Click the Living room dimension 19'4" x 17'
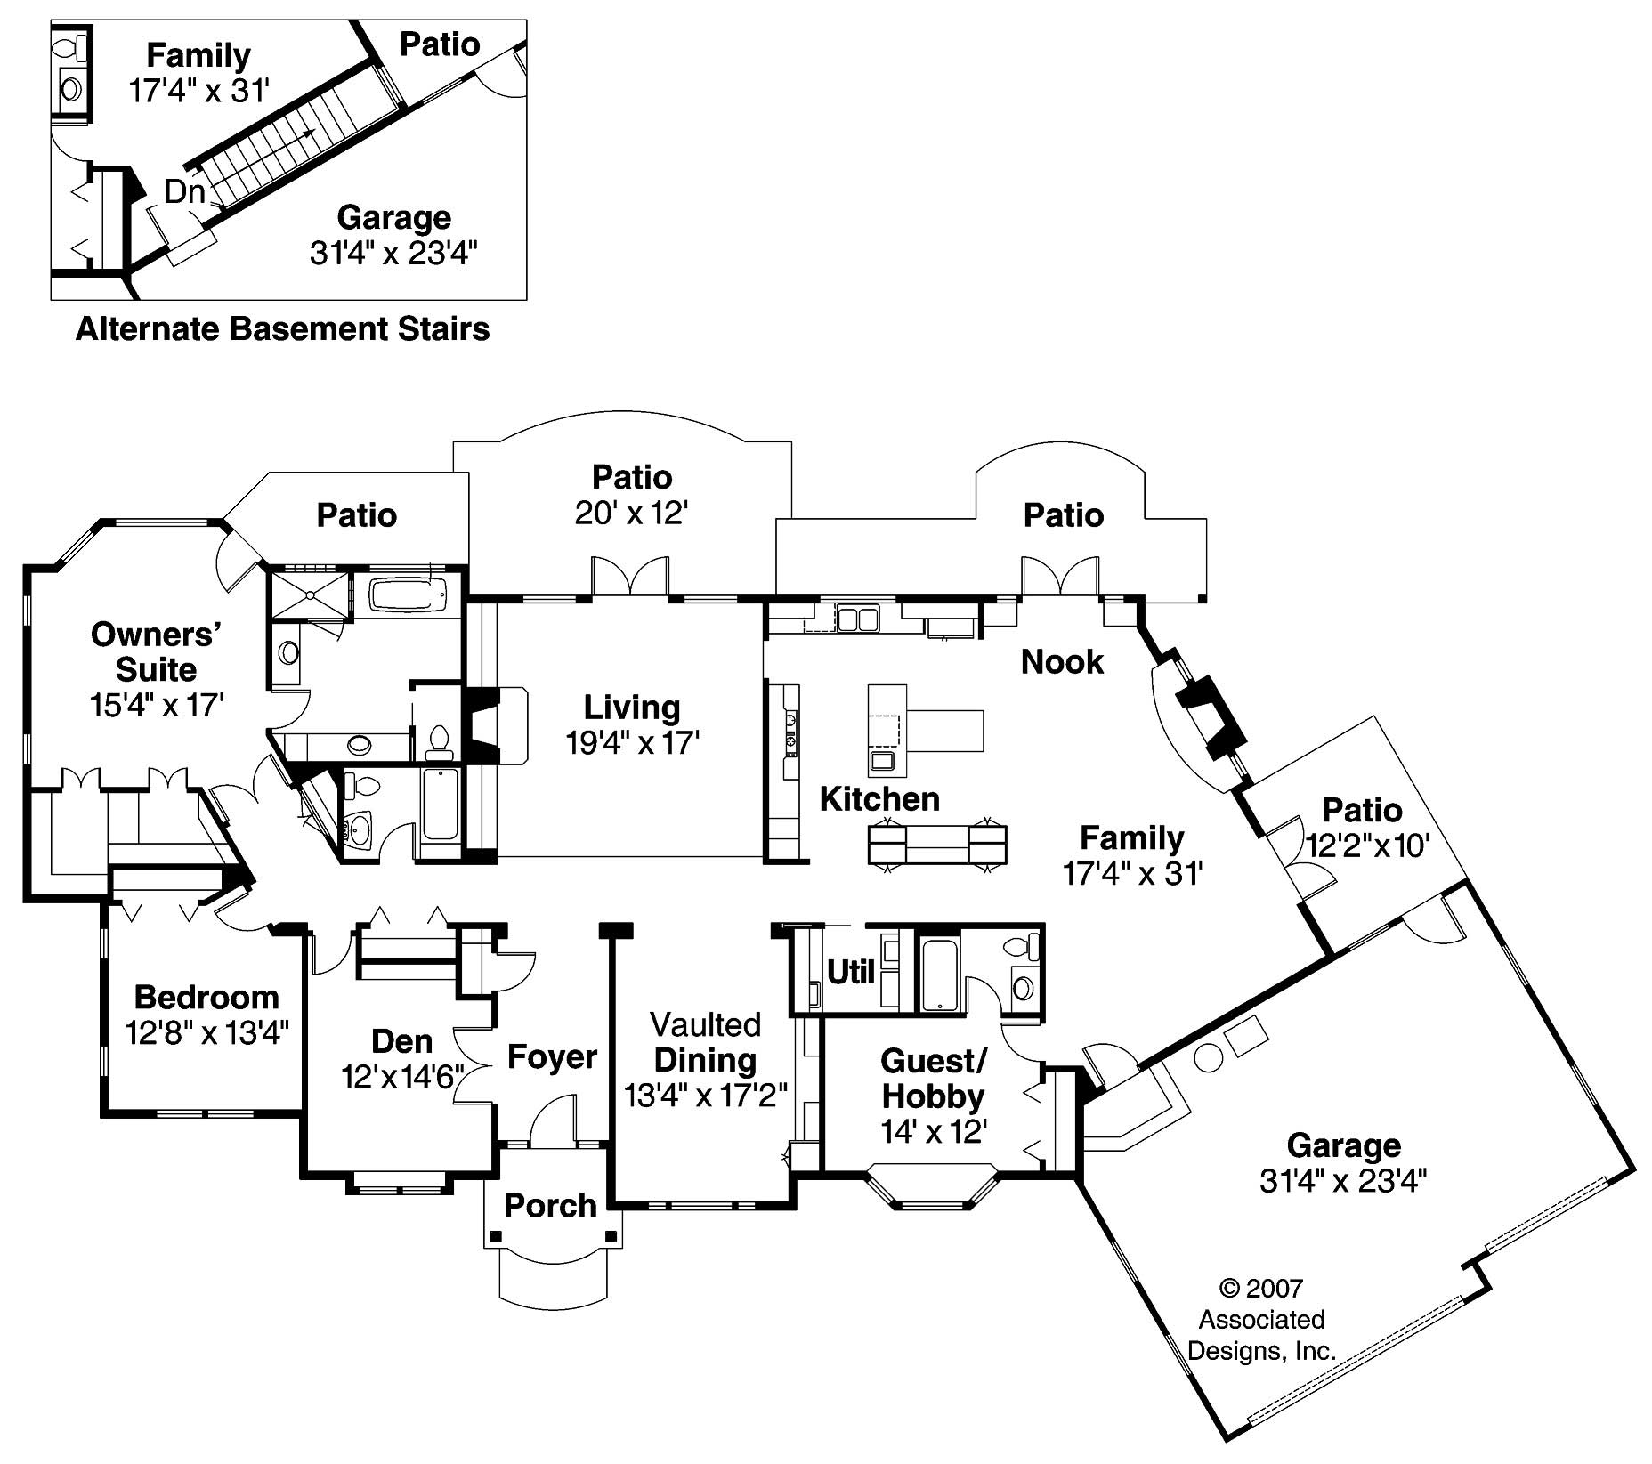(632, 742)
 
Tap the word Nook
(1062, 661)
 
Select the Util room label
(851, 972)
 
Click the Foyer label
(552, 1056)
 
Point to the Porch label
(550, 1205)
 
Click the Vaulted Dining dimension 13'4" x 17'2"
(705, 1095)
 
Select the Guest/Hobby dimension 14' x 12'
(933, 1131)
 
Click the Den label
(401, 1040)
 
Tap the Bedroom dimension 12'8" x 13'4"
(206, 1033)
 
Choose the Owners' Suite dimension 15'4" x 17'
(156, 705)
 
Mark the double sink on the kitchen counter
(857, 619)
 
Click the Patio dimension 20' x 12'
(632, 514)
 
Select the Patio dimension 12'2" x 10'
(1367, 845)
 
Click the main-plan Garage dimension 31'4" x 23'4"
(1343, 1181)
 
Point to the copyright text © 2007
(1260, 1288)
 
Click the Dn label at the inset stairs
(185, 190)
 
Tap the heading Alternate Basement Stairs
(282, 328)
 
